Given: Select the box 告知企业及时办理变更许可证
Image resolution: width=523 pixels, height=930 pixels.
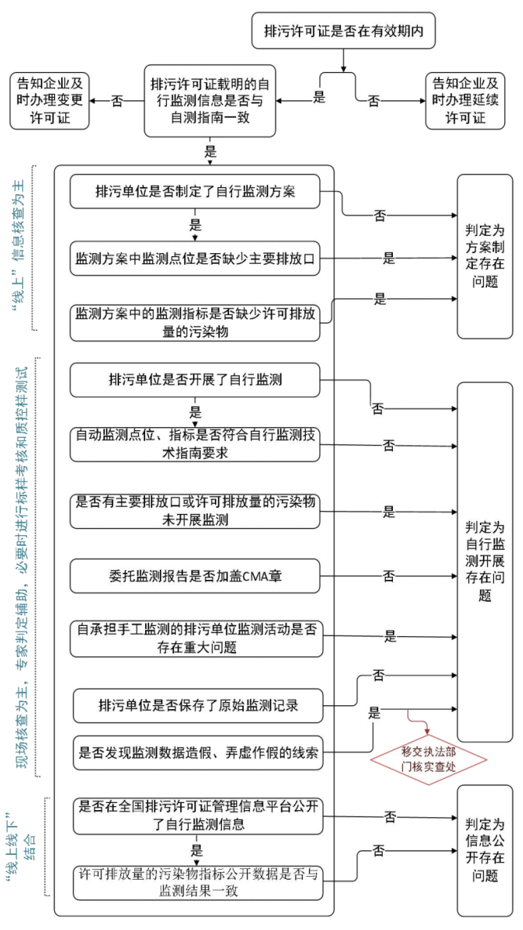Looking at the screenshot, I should coord(49,101).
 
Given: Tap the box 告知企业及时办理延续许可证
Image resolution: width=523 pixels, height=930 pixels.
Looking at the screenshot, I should coord(466,101).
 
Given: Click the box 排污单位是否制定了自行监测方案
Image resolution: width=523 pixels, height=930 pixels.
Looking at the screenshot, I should coord(195,192).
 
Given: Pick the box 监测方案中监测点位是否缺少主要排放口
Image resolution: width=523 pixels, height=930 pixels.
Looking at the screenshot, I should coord(195,258).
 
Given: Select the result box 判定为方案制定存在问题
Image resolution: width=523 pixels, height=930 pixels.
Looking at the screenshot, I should coord(485,256).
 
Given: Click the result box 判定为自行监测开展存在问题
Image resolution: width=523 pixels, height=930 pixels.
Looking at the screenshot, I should coord(485,561).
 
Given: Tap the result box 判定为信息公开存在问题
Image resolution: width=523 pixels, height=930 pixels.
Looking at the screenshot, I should coord(485,850).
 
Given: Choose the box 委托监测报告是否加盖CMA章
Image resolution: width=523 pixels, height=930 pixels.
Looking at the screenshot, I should coord(195,576).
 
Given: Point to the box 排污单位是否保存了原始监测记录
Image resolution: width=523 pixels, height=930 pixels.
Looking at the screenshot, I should coord(198,706).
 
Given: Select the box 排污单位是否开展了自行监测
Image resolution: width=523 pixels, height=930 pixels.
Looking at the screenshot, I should coord(195,381).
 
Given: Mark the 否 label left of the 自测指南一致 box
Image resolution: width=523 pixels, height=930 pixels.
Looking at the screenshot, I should coord(117,101).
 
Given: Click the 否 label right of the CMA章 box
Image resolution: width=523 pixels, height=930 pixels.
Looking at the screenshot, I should coord(388,576).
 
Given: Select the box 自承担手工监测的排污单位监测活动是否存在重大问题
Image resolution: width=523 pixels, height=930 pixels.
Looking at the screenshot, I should coord(195,637).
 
